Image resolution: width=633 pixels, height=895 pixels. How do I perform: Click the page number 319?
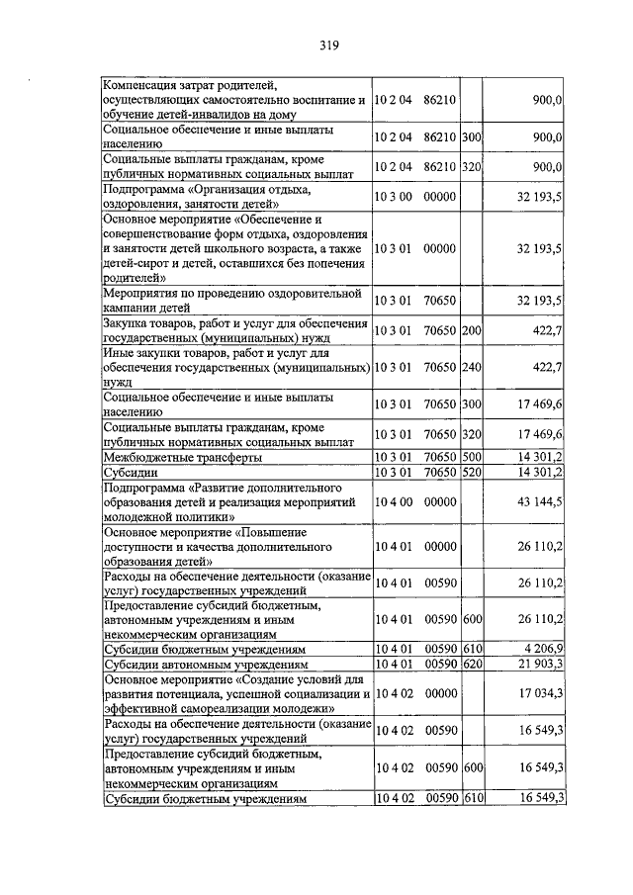(329, 45)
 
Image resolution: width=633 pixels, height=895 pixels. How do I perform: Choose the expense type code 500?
(471, 457)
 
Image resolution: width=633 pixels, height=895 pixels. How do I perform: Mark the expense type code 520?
(471, 472)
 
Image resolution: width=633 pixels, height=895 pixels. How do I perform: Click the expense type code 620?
(471, 664)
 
